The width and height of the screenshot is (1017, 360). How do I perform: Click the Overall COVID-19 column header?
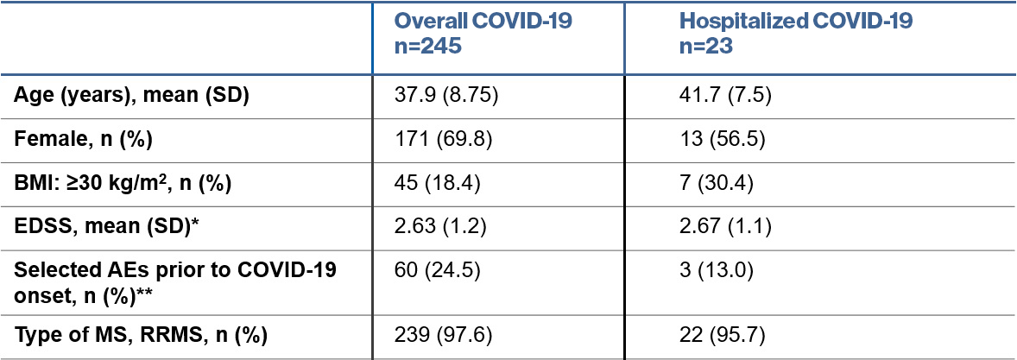click(482, 35)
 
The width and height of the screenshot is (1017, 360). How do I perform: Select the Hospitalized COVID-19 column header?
click(795, 35)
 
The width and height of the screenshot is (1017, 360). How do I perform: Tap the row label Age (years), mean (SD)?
click(131, 95)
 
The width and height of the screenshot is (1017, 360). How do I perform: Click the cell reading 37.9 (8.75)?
click(446, 95)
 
